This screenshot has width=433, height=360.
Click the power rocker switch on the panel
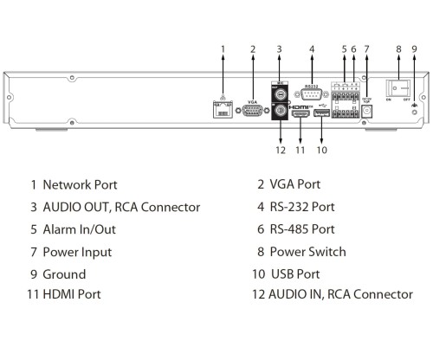pyautogui.click(x=398, y=90)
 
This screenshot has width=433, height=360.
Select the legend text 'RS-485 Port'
pyautogui.click(x=301, y=229)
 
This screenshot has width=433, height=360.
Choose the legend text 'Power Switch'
pyautogui.click(x=307, y=252)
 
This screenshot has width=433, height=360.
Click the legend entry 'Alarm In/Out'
pyautogui.click(x=79, y=229)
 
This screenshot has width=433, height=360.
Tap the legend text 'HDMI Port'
pyautogui.click(x=72, y=294)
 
